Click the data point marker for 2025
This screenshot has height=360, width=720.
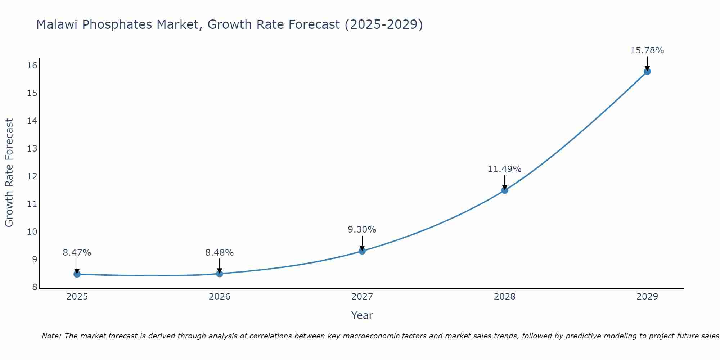[77, 274]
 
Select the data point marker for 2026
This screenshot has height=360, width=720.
[219, 274]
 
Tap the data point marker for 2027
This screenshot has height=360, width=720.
[362, 251]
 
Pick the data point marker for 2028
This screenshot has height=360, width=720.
[505, 190]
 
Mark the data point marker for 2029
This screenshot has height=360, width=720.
[647, 71]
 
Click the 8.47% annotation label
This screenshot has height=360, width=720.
[77, 253]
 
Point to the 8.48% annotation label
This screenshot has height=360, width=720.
[219, 253]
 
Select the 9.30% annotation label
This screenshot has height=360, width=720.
[362, 230]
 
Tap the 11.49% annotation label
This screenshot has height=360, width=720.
[504, 169]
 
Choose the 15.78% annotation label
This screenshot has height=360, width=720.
[647, 50]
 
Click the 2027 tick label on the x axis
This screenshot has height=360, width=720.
[362, 297]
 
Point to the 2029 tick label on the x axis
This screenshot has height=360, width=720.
[647, 297]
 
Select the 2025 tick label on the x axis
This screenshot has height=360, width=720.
[77, 297]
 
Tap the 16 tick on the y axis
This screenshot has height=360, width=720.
[32, 66]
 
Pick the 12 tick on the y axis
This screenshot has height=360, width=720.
[32, 176]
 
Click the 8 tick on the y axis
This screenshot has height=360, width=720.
[35, 287]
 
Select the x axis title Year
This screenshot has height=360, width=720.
[362, 315]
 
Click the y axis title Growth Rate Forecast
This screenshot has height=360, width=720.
[9, 173]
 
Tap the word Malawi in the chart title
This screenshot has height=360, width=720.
[58, 24]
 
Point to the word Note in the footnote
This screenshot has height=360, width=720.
[51, 336]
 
